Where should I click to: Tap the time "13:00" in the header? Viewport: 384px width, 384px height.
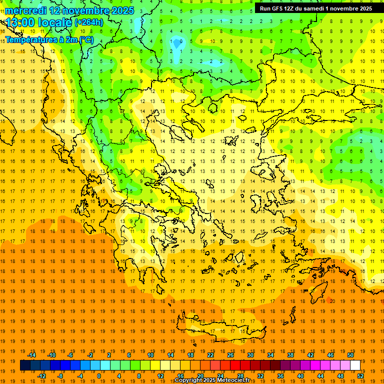point(20,22)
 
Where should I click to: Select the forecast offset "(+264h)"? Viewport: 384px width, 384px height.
point(89,22)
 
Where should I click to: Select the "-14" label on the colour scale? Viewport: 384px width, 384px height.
point(31,355)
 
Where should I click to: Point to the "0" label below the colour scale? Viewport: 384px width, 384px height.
point(99,376)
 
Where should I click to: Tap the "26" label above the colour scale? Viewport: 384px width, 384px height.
point(230,355)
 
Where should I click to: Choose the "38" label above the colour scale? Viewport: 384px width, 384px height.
point(290,355)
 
